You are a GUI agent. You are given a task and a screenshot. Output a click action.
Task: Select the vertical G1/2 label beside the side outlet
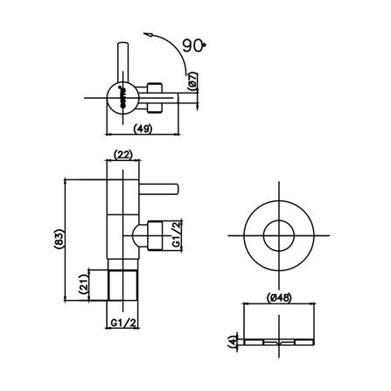(176, 234)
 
